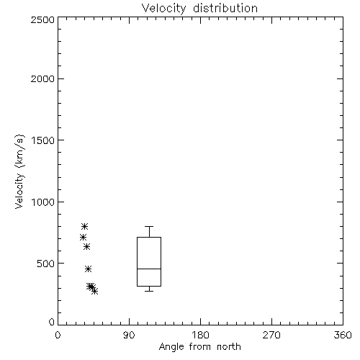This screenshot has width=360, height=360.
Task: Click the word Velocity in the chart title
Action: tap(163, 9)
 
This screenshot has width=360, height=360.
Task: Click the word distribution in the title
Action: tap(225, 8)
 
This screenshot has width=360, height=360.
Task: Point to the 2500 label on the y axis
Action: tap(42, 19)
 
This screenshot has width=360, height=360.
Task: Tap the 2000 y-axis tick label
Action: tap(42, 78)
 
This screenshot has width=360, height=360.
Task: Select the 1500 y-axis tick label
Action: tap(43, 140)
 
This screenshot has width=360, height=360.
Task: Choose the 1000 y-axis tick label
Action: tap(43, 202)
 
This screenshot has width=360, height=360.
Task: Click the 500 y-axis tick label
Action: tap(46, 264)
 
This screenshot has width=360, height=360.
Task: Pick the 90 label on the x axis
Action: tap(129, 335)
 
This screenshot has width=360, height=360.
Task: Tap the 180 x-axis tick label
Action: tap(200, 335)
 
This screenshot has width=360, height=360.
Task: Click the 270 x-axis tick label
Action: tap(271, 335)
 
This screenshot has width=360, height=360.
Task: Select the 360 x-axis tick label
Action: tap(343, 335)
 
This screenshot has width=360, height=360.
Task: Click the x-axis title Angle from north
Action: tap(200, 347)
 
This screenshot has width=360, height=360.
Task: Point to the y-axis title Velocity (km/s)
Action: tap(19, 171)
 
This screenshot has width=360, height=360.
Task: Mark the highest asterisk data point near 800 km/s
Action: tap(84, 226)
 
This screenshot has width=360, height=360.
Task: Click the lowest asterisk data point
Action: tap(95, 291)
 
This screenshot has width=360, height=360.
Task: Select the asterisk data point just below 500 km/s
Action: tap(88, 269)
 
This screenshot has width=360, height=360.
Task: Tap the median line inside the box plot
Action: tap(149, 269)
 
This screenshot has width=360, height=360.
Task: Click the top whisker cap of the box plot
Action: tap(149, 226)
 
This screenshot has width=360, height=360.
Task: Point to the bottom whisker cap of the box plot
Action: tap(149, 291)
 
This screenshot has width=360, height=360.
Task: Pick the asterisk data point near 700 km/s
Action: tap(83, 238)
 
